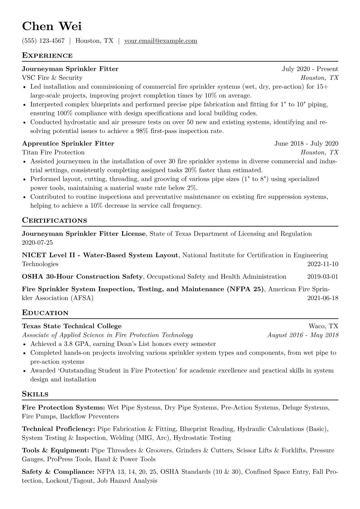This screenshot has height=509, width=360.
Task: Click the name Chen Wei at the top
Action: tap(52, 26)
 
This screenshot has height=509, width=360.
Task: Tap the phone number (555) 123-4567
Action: tap(43, 41)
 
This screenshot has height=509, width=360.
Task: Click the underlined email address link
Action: tap(161, 41)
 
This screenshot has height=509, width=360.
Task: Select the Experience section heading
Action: tap(47, 56)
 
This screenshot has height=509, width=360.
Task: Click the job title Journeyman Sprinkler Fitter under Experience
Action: tap(70, 69)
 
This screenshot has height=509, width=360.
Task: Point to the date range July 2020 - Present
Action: tap(310, 69)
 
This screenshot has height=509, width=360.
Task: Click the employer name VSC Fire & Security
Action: tap(52, 78)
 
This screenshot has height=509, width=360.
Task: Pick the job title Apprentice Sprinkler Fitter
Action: tap(68, 144)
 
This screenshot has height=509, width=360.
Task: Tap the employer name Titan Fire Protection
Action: tap(53, 152)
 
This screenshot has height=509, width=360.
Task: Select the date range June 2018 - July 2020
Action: tap(306, 144)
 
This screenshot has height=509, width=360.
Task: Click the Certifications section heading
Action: tap(54, 220)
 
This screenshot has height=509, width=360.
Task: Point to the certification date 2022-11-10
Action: tap(323, 264)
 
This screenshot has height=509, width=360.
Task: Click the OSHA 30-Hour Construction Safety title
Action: tap(82, 277)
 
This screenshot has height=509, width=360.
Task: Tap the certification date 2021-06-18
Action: tap(323, 298)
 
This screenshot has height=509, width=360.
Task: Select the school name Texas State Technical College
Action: tap(72, 326)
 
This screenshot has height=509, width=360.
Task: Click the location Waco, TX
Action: tap(323, 326)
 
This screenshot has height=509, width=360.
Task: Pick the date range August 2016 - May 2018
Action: tap(303, 335)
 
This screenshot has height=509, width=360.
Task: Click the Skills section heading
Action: tap(35, 394)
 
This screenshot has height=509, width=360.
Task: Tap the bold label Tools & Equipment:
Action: tap(55, 451)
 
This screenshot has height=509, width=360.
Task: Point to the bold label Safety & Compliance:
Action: tap(58, 472)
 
